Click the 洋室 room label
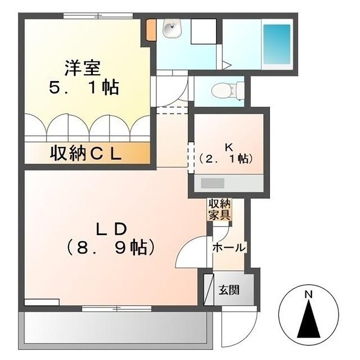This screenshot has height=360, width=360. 82,69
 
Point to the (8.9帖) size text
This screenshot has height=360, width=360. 110,247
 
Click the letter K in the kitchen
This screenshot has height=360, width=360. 229,147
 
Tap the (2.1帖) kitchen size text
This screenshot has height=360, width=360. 226,159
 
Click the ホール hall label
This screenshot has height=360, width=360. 228,247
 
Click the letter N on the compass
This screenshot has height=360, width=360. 308,294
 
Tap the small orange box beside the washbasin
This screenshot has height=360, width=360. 151,30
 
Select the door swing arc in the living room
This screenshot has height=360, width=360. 188,253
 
